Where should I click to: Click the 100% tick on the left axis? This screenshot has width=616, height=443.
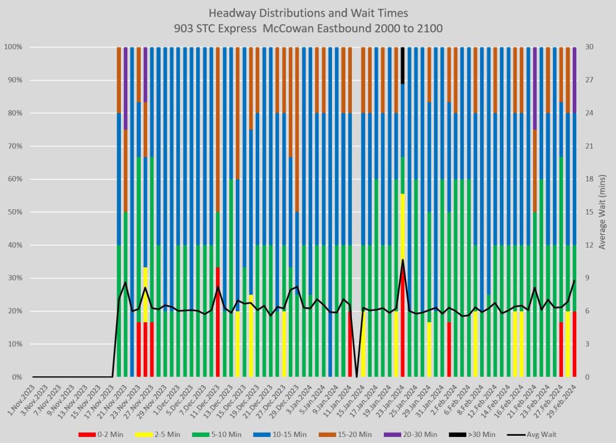pos(14,47)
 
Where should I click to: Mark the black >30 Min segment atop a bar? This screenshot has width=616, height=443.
pos(402,66)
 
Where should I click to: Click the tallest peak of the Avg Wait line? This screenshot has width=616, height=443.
pos(402,260)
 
